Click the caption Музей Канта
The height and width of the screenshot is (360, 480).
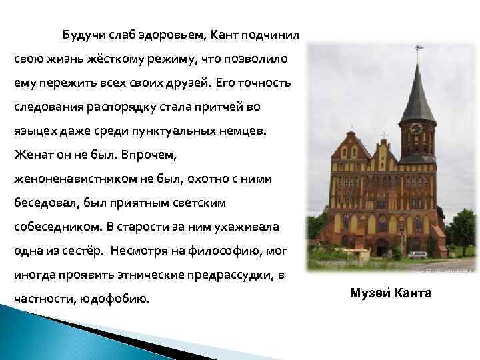click(391, 293)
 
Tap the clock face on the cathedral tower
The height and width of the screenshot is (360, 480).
click(417, 128)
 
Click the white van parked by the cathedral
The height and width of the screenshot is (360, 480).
click(418, 255)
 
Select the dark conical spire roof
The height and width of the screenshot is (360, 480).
click(417, 93)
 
